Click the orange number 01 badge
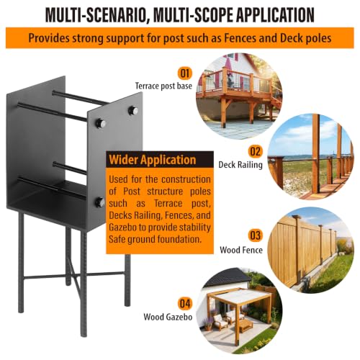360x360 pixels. (x=185, y=73)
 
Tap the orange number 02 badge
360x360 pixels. (x=255, y=152)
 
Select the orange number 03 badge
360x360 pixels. (x=255, y=235)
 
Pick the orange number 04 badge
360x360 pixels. (x=185, y=304)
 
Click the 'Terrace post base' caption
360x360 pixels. (x=163, y=86)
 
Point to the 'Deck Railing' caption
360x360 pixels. (x=240, y=165)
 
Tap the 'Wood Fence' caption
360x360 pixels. (x=241, y=250)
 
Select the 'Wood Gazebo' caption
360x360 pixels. (x=168, y=317)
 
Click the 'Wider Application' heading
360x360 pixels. (x=153, y=160)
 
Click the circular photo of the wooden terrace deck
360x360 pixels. (x=239, y=96)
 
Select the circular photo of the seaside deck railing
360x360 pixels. (x=310, y=157)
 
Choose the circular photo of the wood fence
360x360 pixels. (x=310, y=251)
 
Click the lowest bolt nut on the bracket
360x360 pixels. (x=99, y=202)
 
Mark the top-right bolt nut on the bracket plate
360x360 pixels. (x=132, y=110)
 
